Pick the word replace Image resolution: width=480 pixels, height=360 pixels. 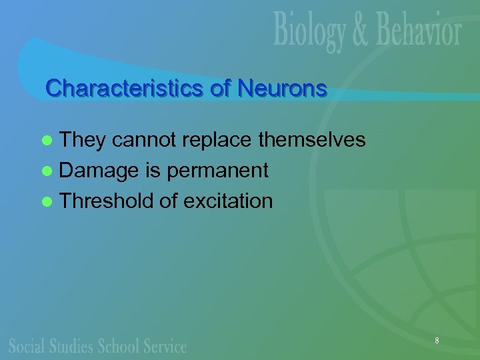tap(217, 140)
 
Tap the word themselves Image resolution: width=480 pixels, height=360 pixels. tap(311, 139)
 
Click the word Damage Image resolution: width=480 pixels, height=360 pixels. tap(99, 171)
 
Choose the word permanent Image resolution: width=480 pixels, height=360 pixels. tap(217, 171)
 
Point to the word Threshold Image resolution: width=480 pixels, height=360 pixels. tap(107, 201)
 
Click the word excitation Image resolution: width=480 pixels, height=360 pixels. tap(227, 201)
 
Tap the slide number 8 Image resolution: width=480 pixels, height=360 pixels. tap(437, 341)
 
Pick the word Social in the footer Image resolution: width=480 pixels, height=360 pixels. tap(27, 345)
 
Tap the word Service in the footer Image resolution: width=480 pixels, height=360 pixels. tap(163, 345)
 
